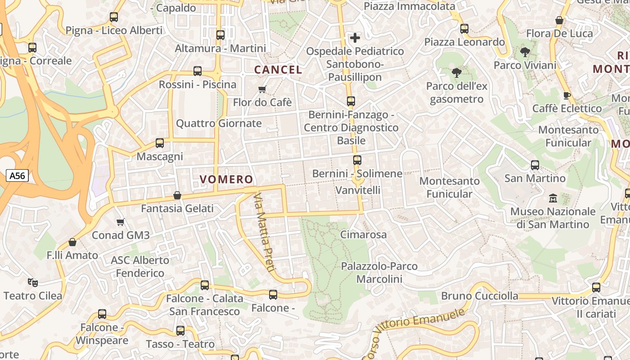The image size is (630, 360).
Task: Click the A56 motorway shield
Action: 18,175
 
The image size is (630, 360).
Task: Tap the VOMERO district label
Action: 226,180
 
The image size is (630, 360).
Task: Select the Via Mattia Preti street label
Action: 264,233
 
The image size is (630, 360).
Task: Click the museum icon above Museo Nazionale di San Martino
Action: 553,198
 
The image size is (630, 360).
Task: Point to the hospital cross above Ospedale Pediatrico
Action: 355,38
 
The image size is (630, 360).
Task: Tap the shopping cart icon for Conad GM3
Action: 120,222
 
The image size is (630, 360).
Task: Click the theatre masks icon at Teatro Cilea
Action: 32,283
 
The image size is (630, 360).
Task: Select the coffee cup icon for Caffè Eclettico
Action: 567,95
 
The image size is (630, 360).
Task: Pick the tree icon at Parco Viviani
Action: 525,52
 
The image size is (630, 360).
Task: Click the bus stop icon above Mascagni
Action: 160,143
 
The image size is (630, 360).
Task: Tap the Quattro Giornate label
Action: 219,123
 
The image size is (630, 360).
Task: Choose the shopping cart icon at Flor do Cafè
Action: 262,89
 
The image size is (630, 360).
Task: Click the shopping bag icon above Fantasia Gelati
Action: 177,195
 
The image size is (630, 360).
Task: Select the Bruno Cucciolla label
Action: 480,296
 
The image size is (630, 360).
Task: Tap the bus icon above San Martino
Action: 535,165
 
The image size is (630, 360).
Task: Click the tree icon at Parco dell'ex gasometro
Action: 456,72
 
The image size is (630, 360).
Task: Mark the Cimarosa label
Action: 363,234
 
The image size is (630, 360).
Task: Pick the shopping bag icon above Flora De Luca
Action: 559,20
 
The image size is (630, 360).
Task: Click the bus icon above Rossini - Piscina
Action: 197,71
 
